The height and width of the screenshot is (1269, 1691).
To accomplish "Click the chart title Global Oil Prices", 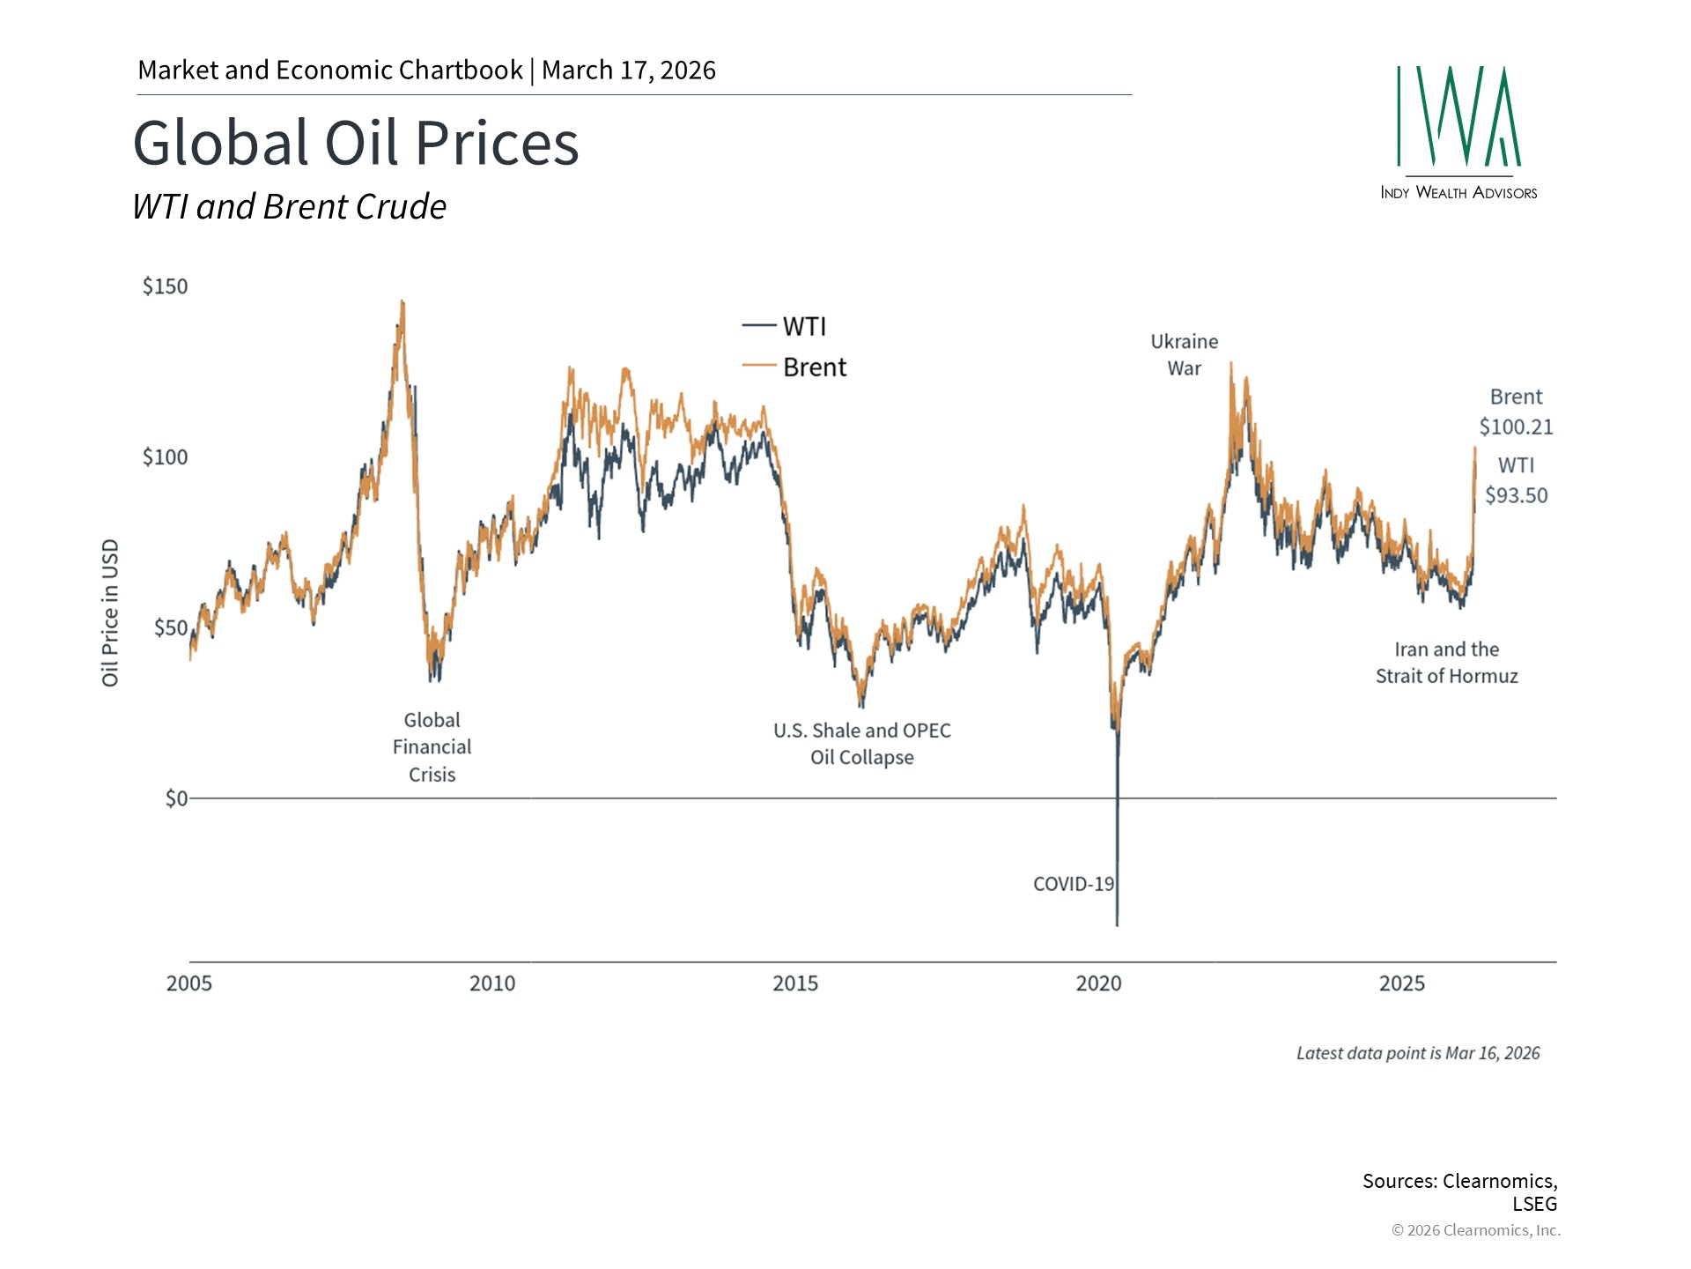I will click(356, 143).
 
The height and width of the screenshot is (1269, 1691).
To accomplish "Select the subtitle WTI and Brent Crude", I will click(289, 207).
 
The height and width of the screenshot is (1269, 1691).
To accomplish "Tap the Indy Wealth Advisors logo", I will click(1458, 132).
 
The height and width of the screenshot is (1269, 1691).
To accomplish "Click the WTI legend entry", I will click(803, 327).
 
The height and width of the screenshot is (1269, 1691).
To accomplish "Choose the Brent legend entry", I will click(814, 367).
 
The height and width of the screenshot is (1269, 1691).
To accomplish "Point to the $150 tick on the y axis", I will click(165, 286).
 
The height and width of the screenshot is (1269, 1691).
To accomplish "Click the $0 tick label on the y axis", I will click(176, 798).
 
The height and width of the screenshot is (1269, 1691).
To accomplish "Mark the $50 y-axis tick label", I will click(170, 627).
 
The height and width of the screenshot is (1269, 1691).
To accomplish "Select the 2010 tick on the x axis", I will click(492, 983).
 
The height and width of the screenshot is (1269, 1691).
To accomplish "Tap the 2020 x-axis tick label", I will click(1098, 983).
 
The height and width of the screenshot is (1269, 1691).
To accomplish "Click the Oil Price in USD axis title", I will click(110, 612).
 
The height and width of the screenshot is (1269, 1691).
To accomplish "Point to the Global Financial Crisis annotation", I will click(432, 747).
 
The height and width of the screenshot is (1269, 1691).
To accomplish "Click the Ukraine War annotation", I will click(1184, 354).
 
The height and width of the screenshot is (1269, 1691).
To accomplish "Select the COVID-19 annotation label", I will click(1073, 884).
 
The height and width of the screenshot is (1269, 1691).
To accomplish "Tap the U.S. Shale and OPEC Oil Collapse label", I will click(861, 744).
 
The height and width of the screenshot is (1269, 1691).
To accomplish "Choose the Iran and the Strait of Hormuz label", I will click(1446, 663).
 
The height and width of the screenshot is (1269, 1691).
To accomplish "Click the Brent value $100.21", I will click(1516, 427).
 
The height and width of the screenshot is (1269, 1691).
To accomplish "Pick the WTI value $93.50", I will click(1516, 495).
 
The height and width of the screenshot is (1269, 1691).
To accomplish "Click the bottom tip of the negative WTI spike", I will click(1118, 924).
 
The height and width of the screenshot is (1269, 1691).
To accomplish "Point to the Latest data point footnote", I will click(1417, 1053).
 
